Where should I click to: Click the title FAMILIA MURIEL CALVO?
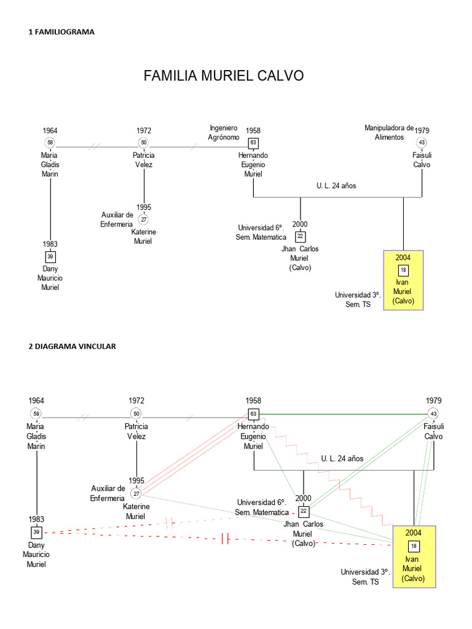pyautogui.click(x=224, y=76)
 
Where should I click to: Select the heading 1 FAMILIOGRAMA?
pyautogui.click(x=61, y=32)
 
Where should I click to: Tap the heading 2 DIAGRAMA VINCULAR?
pyautogui.click(x=72, y=346)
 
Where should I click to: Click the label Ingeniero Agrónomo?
pyautogui.click(x=224, y=133)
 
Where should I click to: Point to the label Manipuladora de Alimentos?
pyautogui.click(x=389, y=133)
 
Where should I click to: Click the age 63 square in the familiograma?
pyautogui.click(x=253, y=143)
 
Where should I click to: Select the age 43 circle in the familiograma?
pyautogui.click(x=422, y=143)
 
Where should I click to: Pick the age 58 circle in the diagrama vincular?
pyautogui.click(x=36, y=413)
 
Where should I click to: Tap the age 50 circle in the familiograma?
pyautogui.click(x=144, y=143)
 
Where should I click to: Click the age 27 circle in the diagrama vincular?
pyautogui.click(x=136, y=493)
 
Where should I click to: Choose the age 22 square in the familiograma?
pyautogui.click(x=300, y=236)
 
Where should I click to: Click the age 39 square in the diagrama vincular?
pyautogui.click(x=36, y=532)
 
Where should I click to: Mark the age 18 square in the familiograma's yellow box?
pyautogui.click(x=403, y=270)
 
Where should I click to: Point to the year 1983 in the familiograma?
pyautogui.click(x=50, y=244)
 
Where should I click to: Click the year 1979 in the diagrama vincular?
pyautogui.click(x=434, y=401)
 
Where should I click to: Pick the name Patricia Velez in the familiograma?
pyautogui.click(x=144, y=160)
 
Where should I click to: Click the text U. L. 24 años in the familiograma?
pyautogui.click(x=337, y=185)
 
